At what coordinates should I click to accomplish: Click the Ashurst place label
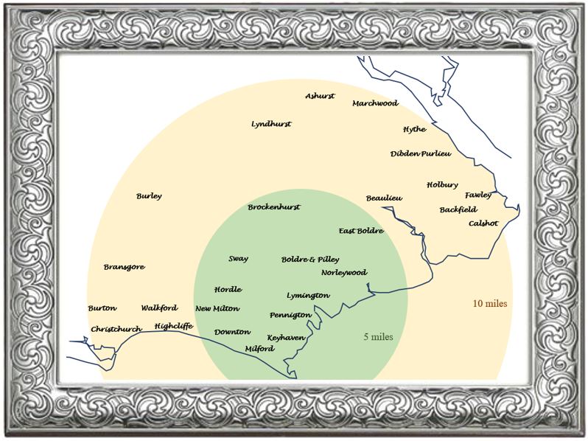320,96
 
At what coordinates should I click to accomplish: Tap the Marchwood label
374,103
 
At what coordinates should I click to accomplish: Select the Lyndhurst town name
271,124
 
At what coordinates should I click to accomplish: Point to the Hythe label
414,129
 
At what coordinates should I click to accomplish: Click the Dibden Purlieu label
420,153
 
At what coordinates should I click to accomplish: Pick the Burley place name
149,196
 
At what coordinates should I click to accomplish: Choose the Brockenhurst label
273,207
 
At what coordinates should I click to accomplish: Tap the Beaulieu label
384,198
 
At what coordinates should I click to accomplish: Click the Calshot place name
483,223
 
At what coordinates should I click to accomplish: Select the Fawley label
478,195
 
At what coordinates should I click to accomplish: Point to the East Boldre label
361,231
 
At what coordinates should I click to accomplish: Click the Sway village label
238,259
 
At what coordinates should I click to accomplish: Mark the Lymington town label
308,295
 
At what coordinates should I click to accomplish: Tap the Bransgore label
124,267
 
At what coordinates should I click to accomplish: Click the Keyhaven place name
286,337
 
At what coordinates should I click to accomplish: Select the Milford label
259,348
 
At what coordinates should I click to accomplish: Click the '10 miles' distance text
490,303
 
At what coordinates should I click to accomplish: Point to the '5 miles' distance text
378,337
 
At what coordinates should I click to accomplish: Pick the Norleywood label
344,272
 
